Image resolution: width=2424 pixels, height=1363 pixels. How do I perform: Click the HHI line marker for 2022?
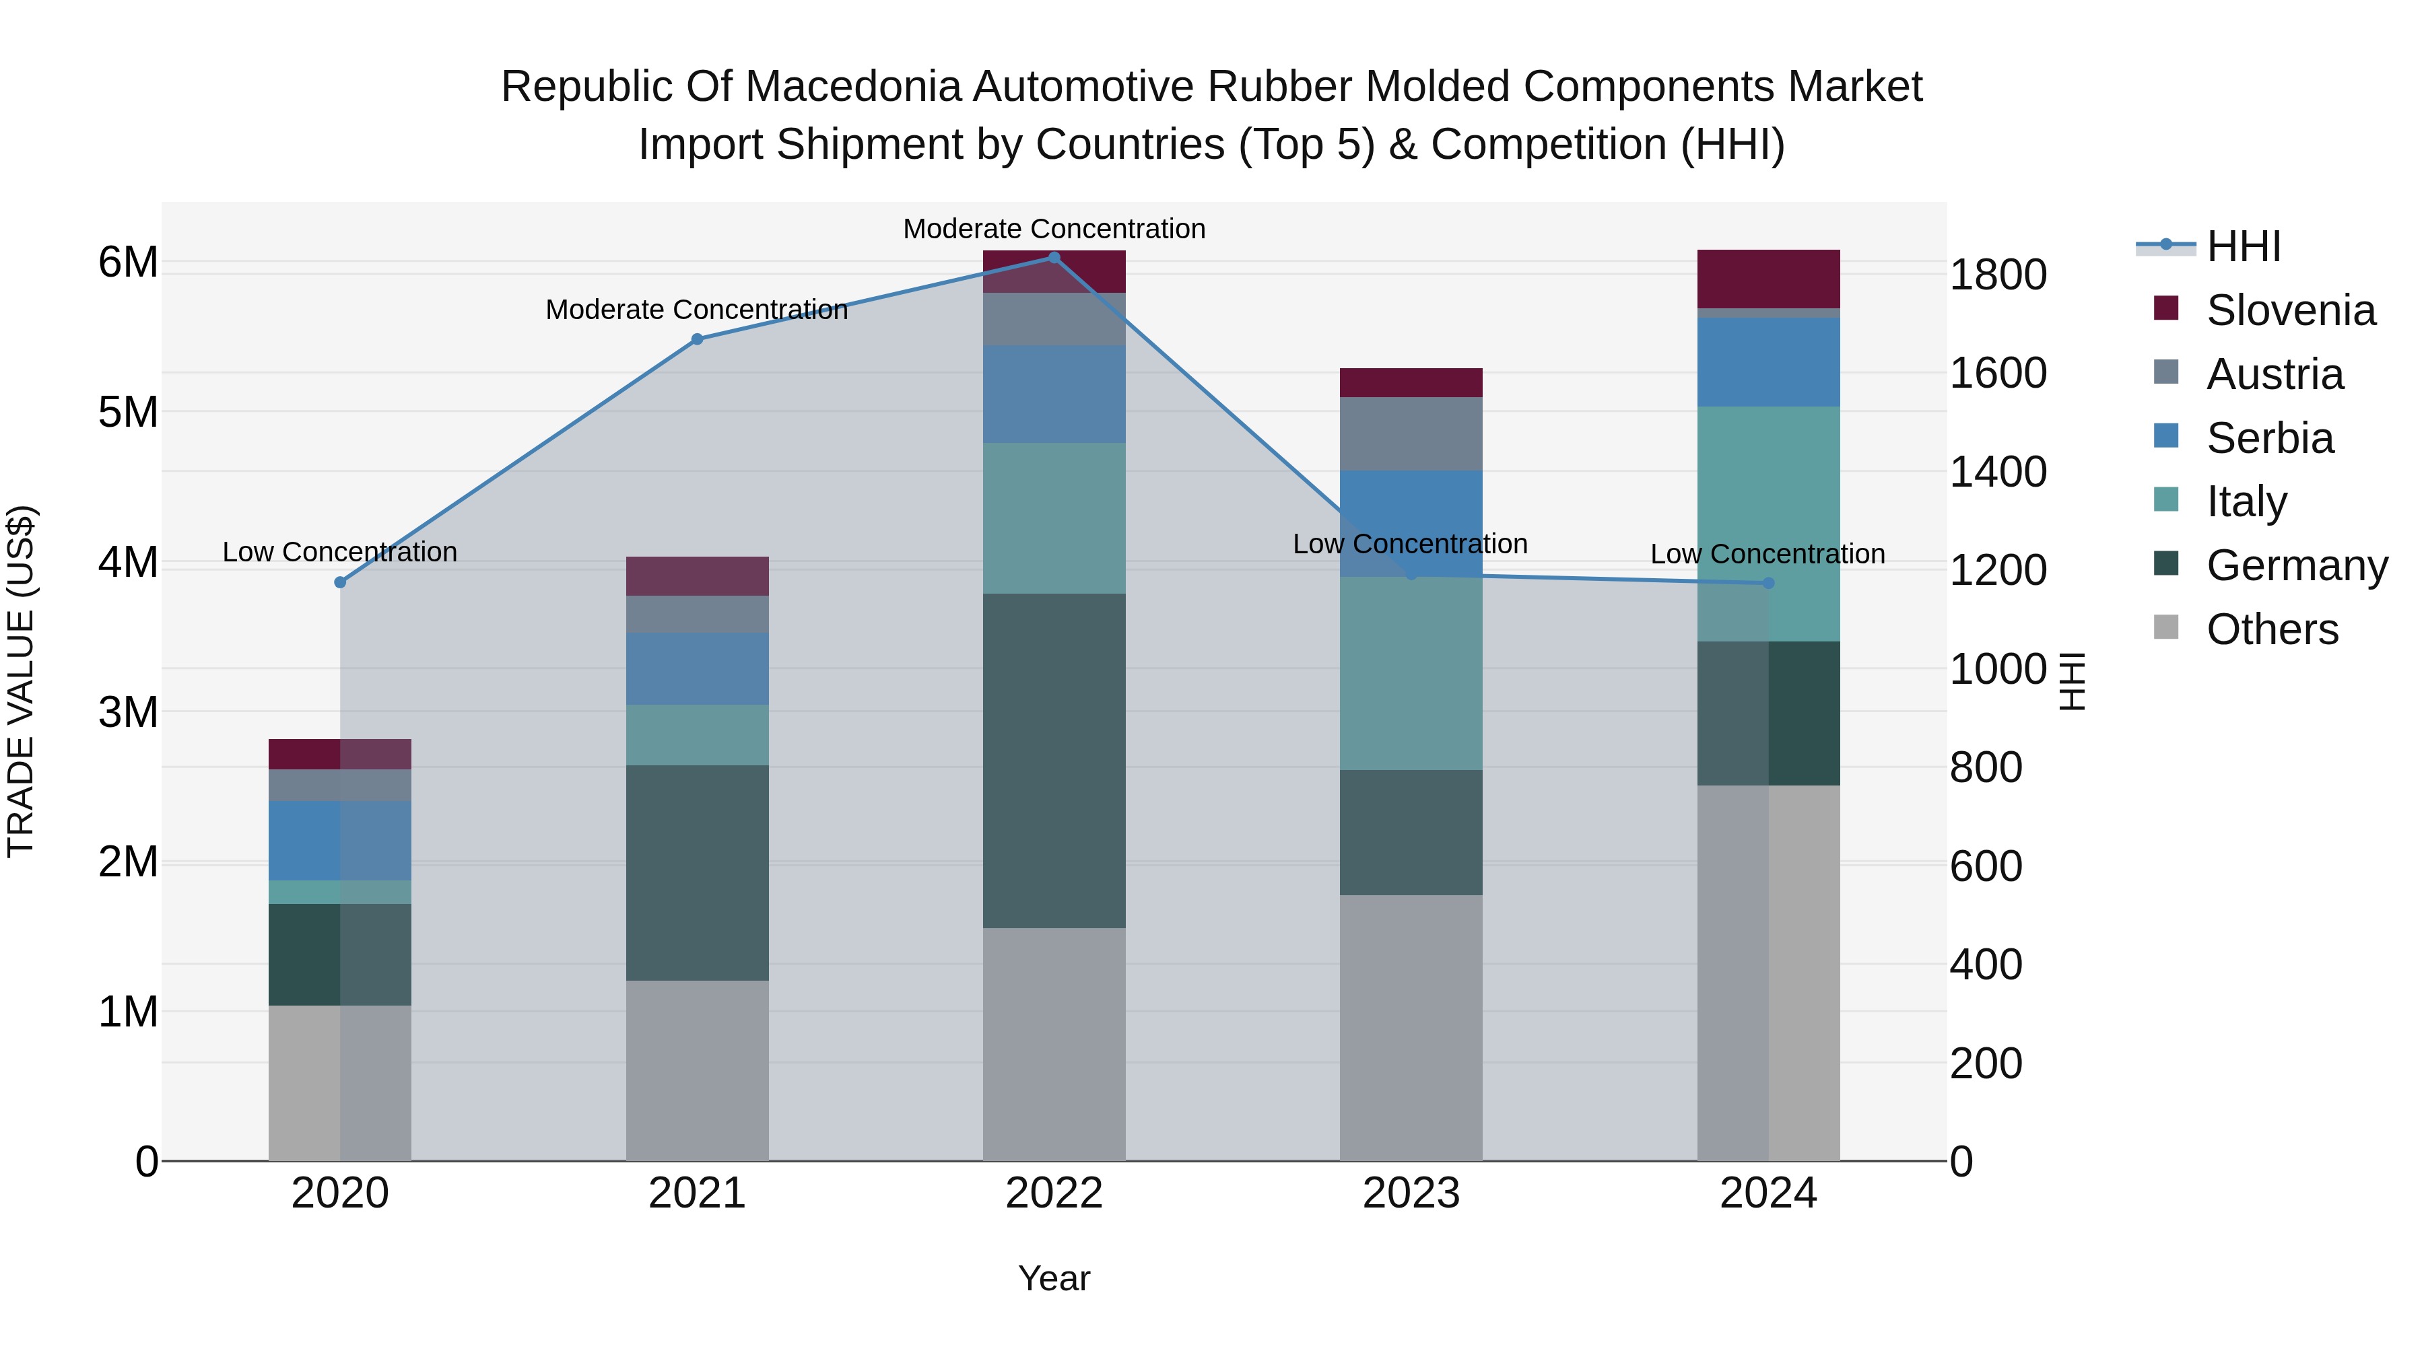point(1054,258)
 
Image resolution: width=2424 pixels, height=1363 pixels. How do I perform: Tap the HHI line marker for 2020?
point(341,582)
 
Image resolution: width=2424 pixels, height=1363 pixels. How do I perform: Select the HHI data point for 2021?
point(698,340)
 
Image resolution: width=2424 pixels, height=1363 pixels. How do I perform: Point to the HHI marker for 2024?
point(1768,583)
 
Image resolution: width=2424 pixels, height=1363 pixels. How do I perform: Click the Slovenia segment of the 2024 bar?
point(1768,279)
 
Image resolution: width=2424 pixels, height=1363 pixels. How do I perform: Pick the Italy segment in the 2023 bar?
point(1411,674)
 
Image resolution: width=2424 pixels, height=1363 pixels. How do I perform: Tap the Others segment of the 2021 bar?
point(698,1070)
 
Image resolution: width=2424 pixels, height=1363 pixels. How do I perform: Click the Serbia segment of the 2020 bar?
point(341,840)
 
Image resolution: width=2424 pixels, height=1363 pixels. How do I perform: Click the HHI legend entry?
point(2244,246)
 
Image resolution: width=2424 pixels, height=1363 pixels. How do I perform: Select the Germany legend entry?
point(2296,565)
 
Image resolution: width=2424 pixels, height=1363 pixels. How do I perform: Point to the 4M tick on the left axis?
point(128,563)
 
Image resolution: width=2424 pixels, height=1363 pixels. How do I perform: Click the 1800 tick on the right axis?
point(1998,275)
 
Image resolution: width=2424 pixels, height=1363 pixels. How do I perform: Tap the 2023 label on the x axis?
point(1411,1193)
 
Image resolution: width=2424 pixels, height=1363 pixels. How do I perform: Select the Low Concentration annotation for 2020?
point(340,552)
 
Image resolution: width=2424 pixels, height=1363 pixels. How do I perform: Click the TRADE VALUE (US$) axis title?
point(21,681)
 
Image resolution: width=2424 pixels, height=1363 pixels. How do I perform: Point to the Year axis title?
point(1054,1278)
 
